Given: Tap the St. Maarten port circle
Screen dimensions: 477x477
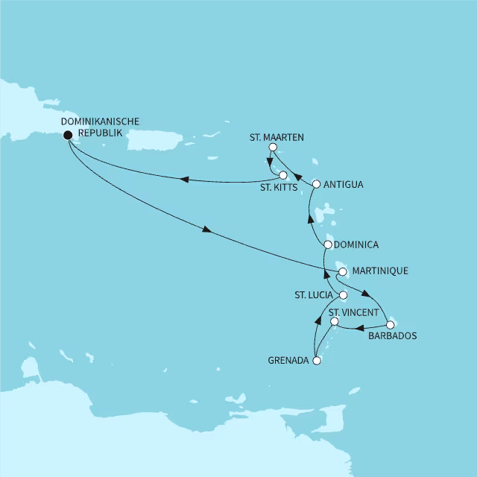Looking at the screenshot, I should pos(273,148).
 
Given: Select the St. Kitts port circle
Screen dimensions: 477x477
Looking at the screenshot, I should pos(283,175).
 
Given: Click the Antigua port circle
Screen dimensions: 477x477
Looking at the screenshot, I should pos(316,183).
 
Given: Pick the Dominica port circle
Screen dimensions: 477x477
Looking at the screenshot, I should pos(328,244).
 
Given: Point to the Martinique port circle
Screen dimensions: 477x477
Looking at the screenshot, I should pos(342,271).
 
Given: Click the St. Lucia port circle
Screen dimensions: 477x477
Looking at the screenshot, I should pos(344,295).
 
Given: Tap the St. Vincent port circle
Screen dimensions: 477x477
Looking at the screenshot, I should pos(335,322).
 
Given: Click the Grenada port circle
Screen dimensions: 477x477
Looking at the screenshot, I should pos(317,361).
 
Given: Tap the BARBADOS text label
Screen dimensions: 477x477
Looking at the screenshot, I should pos(393,336).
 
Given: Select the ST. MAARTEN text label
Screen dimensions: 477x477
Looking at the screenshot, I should pos(277,136).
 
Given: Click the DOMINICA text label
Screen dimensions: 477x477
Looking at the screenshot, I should pos(357,244).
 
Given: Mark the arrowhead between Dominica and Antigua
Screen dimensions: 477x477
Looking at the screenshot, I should pos(311,217).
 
